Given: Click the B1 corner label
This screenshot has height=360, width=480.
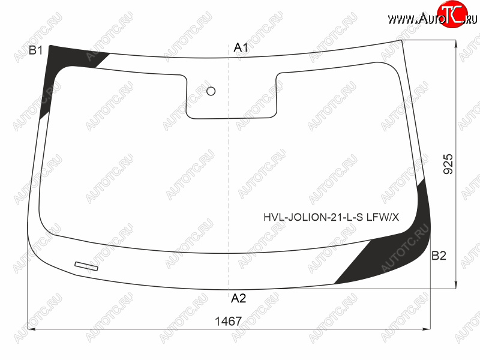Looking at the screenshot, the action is pyautogui.click(x=36, y=50).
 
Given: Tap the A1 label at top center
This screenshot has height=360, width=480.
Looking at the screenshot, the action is pyautogui.click(x=241, y=47).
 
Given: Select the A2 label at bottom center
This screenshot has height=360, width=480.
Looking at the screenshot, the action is pyautogui.click(x=238, y=298).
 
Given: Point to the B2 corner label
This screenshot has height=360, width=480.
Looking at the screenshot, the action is pyautogui.click(x=439, y=256).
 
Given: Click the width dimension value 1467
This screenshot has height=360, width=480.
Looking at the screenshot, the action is pyautogui.click(x=229, y=321).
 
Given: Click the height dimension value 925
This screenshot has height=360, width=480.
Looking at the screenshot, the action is pyautogui.click(x=448, y=164).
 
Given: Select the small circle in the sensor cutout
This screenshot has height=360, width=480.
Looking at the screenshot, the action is pyautogui.click(x=211, y=91).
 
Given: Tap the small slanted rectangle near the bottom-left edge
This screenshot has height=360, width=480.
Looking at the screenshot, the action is pyautogui.click(x=86, y=266).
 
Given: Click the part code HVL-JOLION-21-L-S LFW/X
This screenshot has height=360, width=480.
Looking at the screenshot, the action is pyautogui.click(x=331, y=217).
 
